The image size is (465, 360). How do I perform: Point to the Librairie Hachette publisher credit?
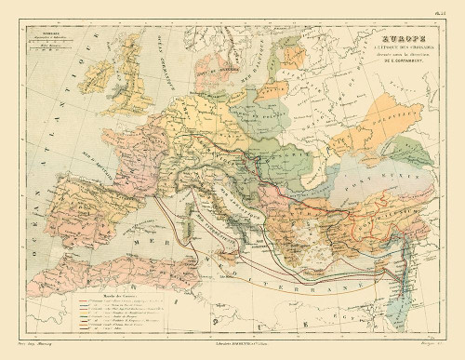pos(232,349)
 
